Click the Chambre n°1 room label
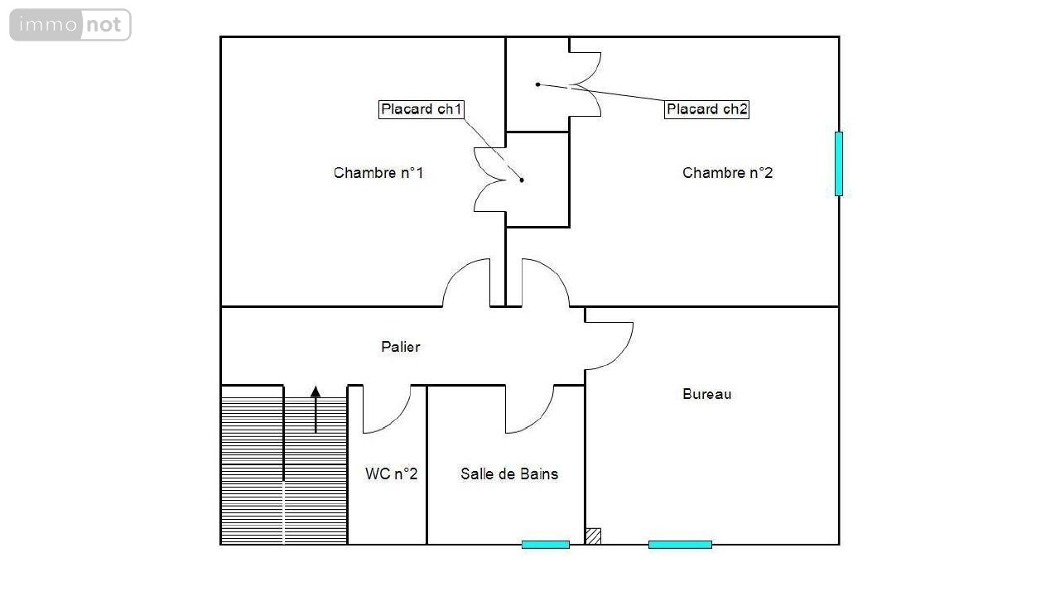(x=378, y=173)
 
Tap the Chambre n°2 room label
(x=727, y=173)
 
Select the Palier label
(x=400, y=347)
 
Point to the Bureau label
(x=706, y=394)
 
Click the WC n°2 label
(x=392, y=473)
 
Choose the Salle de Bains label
(x=509, y=474)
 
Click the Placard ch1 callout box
(x=422, y=109)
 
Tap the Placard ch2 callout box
(x=706, y=109)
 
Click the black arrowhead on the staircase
(x=316, y=392)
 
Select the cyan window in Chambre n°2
(x=839, y=164)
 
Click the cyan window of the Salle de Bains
(x=545, y=545)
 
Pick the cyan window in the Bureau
(x=680, y=545)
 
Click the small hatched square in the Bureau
(x=594, y=536)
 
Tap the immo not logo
(x=70, y=25)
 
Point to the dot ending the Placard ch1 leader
(x=522, y=180)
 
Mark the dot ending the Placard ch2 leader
(x=537, y=84)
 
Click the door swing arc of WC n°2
(x=397, y=419)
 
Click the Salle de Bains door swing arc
(x=539, y=419)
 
